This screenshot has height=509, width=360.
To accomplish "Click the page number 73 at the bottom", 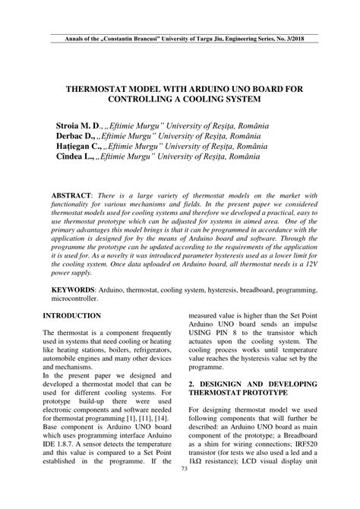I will pos(184,490).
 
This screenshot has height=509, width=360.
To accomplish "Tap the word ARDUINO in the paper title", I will pos(225,87).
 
